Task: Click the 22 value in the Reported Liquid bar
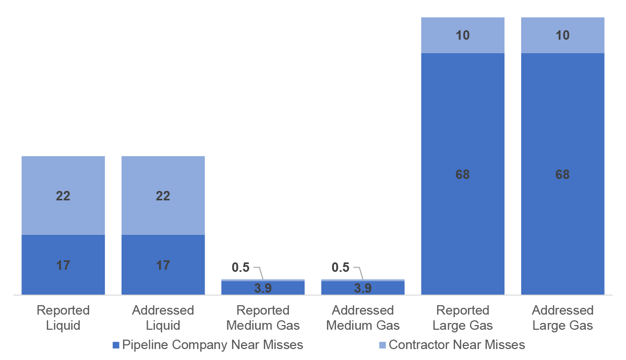(x=63, y=196)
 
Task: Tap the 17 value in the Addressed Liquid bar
(x=163, y=266)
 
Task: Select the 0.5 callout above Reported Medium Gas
(x=240, y=268)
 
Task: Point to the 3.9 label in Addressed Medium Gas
(x=363, y=288)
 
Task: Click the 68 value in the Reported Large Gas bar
(x=463, y=174)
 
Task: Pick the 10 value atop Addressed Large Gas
(x=562, y=35)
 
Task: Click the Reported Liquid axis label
(x=63, y=318)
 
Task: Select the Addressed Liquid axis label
(x=163, y=318)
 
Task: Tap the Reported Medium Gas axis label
(x=263, y=318)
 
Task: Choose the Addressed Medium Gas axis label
(x=363, y=318)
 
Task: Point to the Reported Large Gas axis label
(x=463, y=318)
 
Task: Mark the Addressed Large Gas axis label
(x=562, y=318)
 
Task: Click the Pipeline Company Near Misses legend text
(x=212, y=345)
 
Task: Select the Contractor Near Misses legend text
(x=457, y=345)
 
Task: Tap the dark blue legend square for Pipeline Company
(x=116, y=345)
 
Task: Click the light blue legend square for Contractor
(x=383, y=345)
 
